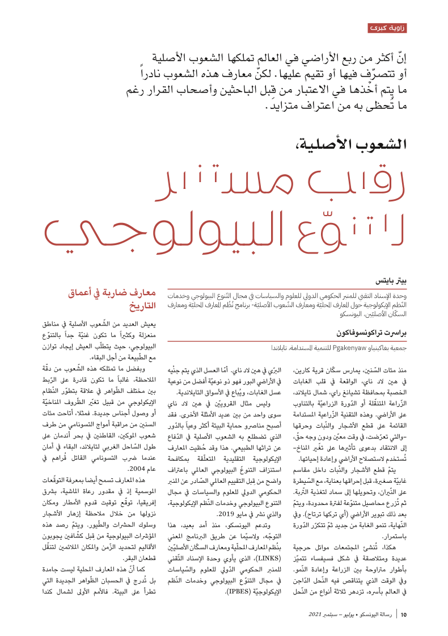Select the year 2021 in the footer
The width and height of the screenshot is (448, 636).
pyautogui.click(x=316, y=614)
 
